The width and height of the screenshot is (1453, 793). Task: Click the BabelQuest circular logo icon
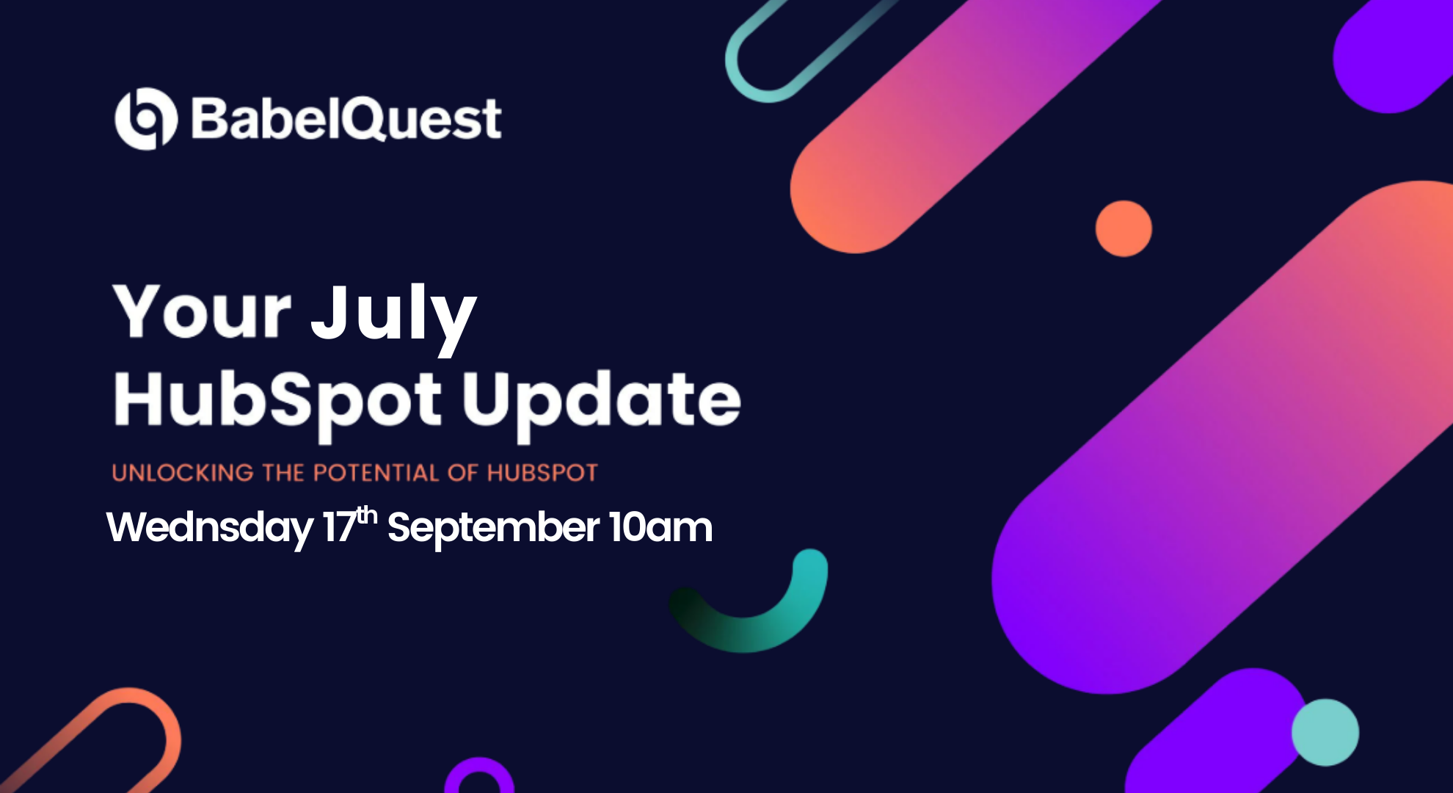click(x=146, y=119)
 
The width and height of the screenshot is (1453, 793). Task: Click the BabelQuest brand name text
click(x=346, y=119)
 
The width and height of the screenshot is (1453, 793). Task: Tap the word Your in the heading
click(x=202, y=311)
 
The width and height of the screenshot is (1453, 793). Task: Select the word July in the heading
click(x=393, y=314)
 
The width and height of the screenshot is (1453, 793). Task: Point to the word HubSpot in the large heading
click(x=277, y=400)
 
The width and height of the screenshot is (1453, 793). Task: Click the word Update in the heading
click(x=600, y=400)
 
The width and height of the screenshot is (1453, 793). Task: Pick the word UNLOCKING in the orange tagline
click(x=183, y=473)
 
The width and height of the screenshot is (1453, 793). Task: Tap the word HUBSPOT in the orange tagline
click(x=542, y=473)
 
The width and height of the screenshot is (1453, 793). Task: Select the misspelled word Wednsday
click(x=210, y=528)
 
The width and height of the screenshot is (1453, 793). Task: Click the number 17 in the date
click(x=339, y=528)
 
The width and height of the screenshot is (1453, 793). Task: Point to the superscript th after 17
click(x=367, y=515)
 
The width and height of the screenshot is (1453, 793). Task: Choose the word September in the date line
click(x=493, y=528)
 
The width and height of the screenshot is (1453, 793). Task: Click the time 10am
click(x=660, y=528)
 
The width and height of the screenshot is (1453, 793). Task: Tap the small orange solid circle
click(x=1124, y=228)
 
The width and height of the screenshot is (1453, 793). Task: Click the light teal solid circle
click(x=1325, y=732)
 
